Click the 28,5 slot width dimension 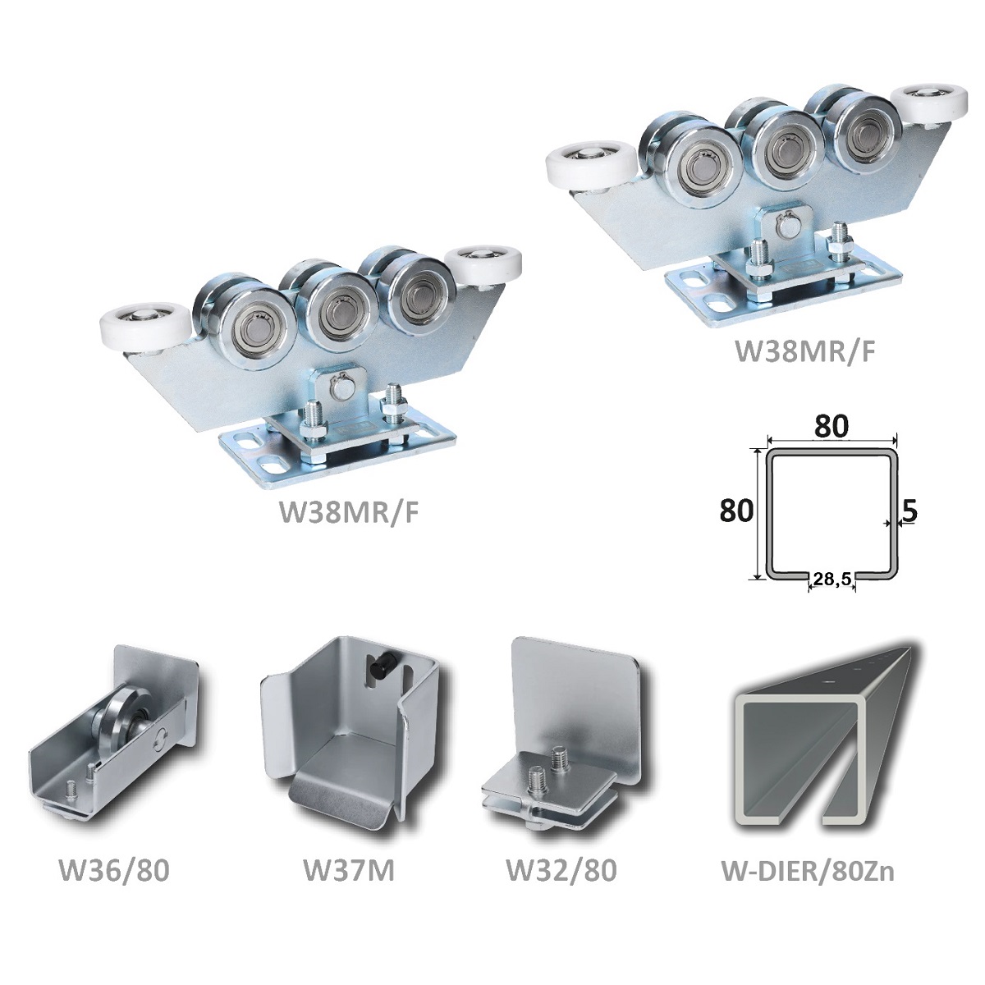(832, 579)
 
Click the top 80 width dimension (832, 426)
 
